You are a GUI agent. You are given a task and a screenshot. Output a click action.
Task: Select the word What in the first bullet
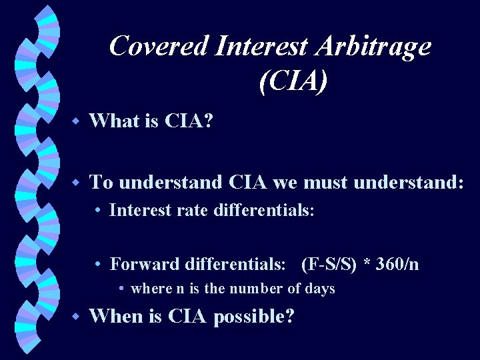point(113,121)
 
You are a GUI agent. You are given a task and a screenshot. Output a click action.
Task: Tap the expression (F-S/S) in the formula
point(329,264)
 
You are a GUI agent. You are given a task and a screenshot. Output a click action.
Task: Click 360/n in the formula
point(397,264)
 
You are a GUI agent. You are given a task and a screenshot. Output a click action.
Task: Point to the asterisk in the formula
point(366,263)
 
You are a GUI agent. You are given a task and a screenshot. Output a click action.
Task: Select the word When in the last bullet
point(116,316)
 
